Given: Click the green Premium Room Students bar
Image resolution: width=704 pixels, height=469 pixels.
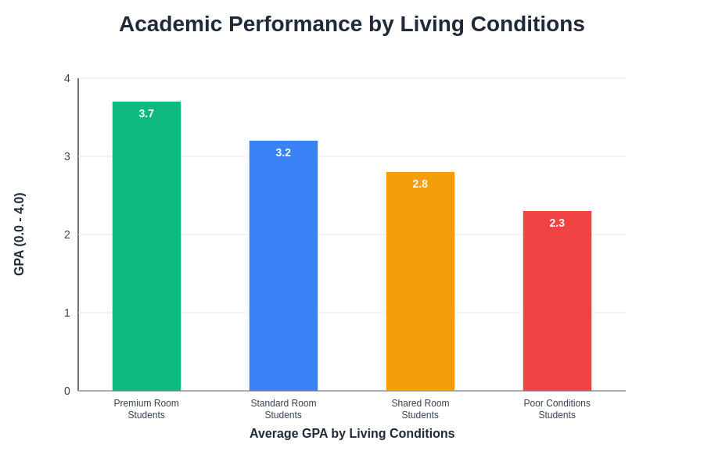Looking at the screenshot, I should coord(146,250).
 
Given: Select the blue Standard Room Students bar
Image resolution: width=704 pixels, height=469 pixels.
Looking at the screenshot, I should coord(283,270).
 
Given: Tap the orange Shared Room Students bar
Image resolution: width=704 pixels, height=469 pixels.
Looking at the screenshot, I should coord(420,285).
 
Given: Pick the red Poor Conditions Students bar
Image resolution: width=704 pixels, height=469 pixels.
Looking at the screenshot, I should coord(557,305).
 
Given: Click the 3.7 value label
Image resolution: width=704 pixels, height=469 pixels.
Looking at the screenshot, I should coord(146,113).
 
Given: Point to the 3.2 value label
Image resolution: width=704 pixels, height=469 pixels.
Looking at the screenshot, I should coord(283,152).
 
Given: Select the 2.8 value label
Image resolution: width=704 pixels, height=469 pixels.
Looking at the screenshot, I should coord(420,184).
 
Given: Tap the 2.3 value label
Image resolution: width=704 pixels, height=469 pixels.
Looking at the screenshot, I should coord(557,223).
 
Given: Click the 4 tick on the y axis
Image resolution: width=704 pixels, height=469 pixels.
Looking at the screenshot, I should coord(67,78).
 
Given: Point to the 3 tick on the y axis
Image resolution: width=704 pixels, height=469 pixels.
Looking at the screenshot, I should coord(67,156).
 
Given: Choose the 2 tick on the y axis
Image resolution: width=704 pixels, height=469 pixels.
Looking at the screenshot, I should coord(67,234).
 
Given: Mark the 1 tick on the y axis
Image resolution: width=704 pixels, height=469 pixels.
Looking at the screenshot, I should coord(67,313).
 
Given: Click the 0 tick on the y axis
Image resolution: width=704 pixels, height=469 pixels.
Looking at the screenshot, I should coord(67,391).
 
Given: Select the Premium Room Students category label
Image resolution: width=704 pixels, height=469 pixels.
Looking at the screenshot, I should coord(146,409).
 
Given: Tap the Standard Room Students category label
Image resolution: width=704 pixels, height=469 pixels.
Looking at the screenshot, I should coord(283,409).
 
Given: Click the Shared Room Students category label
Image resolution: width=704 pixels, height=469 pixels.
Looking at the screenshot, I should coord(420,409).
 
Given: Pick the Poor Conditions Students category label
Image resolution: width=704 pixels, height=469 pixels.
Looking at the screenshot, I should coord(557,409).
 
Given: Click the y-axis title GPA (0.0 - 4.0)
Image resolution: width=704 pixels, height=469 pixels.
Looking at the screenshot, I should coord(20,234).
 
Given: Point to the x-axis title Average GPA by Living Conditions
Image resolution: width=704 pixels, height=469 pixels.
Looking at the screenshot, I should coord(352,433).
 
